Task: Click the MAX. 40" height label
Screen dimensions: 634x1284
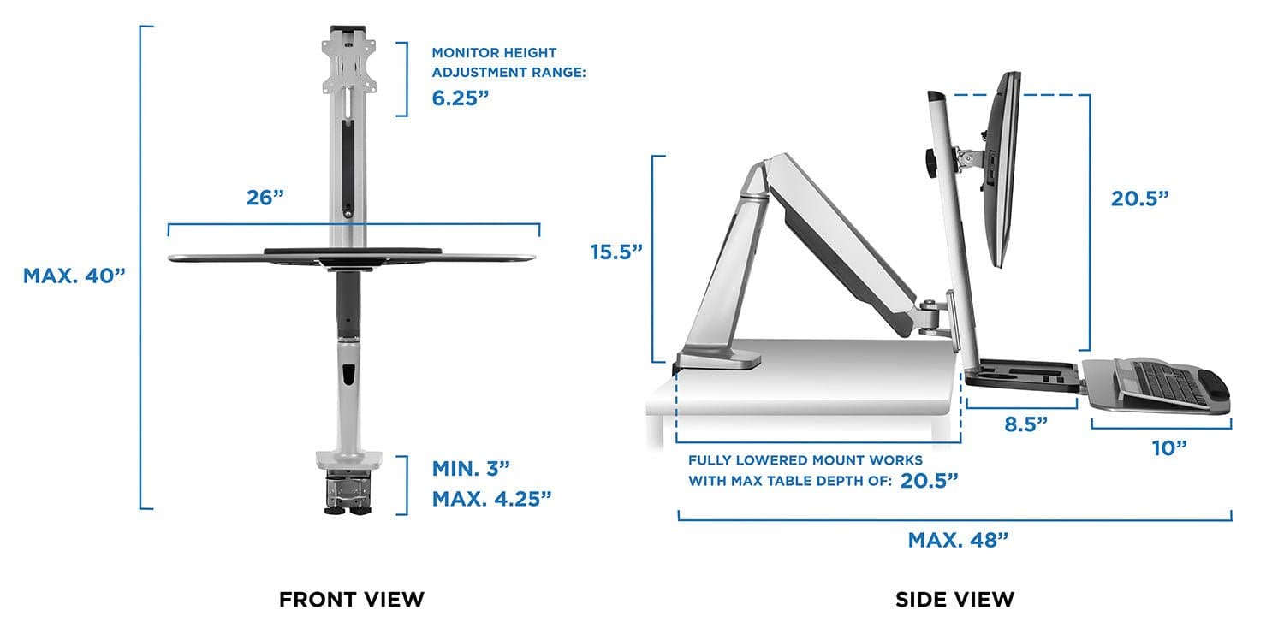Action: pyautogui.click(x=74, y=276)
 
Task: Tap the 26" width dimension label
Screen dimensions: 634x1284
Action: pyautogui.click(x=265, y=198)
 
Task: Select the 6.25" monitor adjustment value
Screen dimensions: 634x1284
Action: pyautogui.click(x=461, y=98)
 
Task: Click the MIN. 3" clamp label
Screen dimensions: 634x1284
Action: pyautogui.click(x=471, y=468)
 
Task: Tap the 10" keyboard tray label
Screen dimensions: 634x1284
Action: pyautogui.click(x=1169, y=447)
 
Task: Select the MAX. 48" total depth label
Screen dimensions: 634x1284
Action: pyautogui.click(x=958, y=540)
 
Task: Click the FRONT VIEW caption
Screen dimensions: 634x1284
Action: pyautogui.click(x=351, y=600)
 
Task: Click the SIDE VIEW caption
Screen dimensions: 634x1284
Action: pyautogui.click(x=954, y=600)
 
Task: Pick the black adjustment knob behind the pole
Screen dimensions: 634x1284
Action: pyautogui.click(x=929, y=162)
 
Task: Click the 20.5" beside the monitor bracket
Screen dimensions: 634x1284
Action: pyautogui.click(x=1139, y=198)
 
